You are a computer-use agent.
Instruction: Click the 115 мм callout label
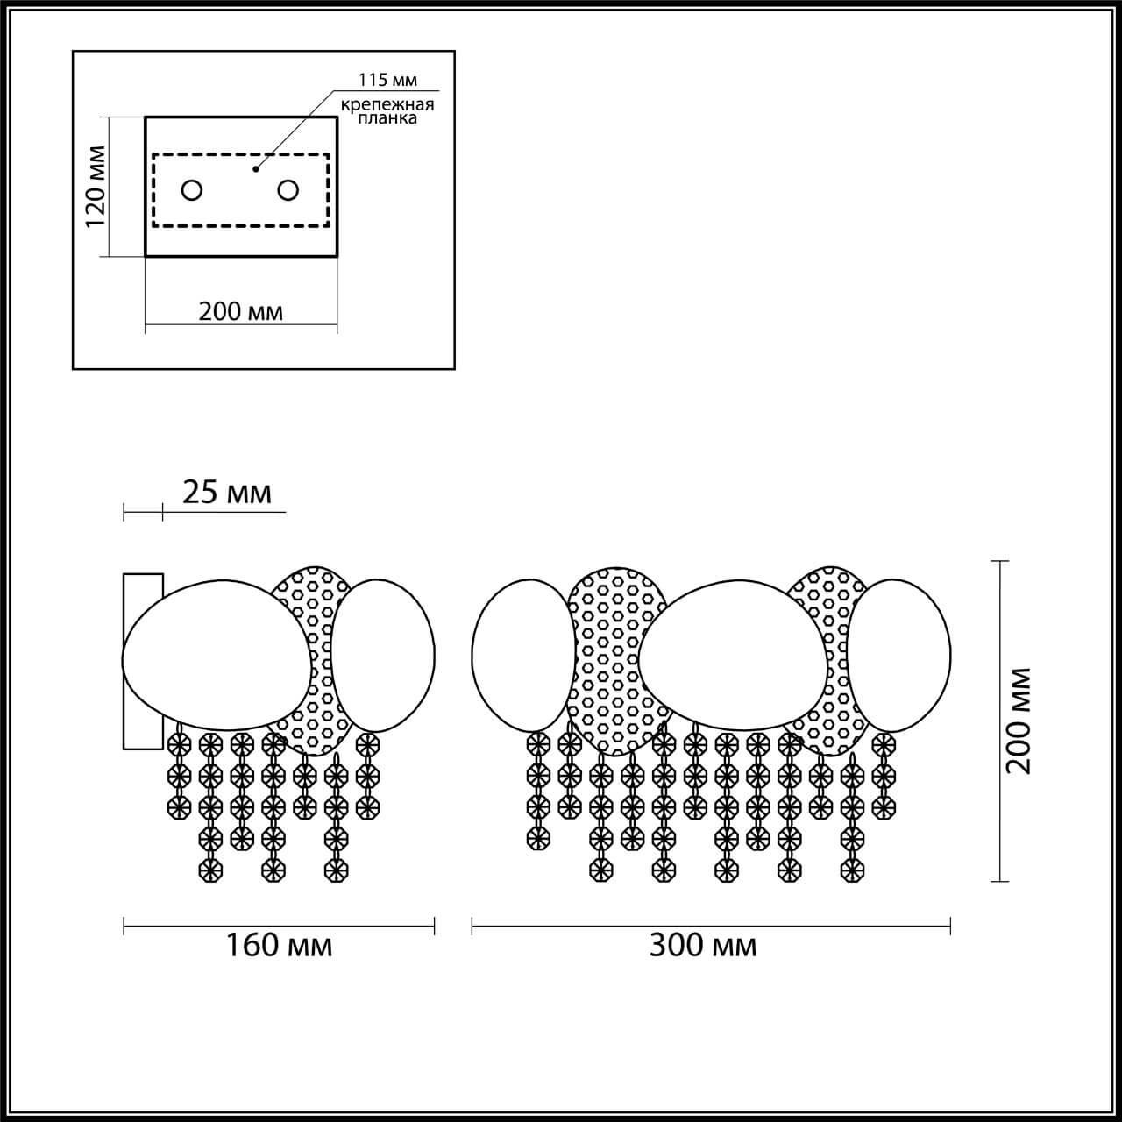(387, 80)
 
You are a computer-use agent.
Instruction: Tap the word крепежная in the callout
(387, 105)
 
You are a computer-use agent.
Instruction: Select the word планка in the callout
(387, 119)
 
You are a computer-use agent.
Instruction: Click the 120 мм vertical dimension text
(96, 187)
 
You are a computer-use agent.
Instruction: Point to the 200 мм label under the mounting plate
(241, 312)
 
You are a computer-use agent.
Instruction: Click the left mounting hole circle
(192, 190)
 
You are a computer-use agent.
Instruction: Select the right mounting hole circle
(288, 190)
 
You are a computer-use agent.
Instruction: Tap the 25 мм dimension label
(227, 493)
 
